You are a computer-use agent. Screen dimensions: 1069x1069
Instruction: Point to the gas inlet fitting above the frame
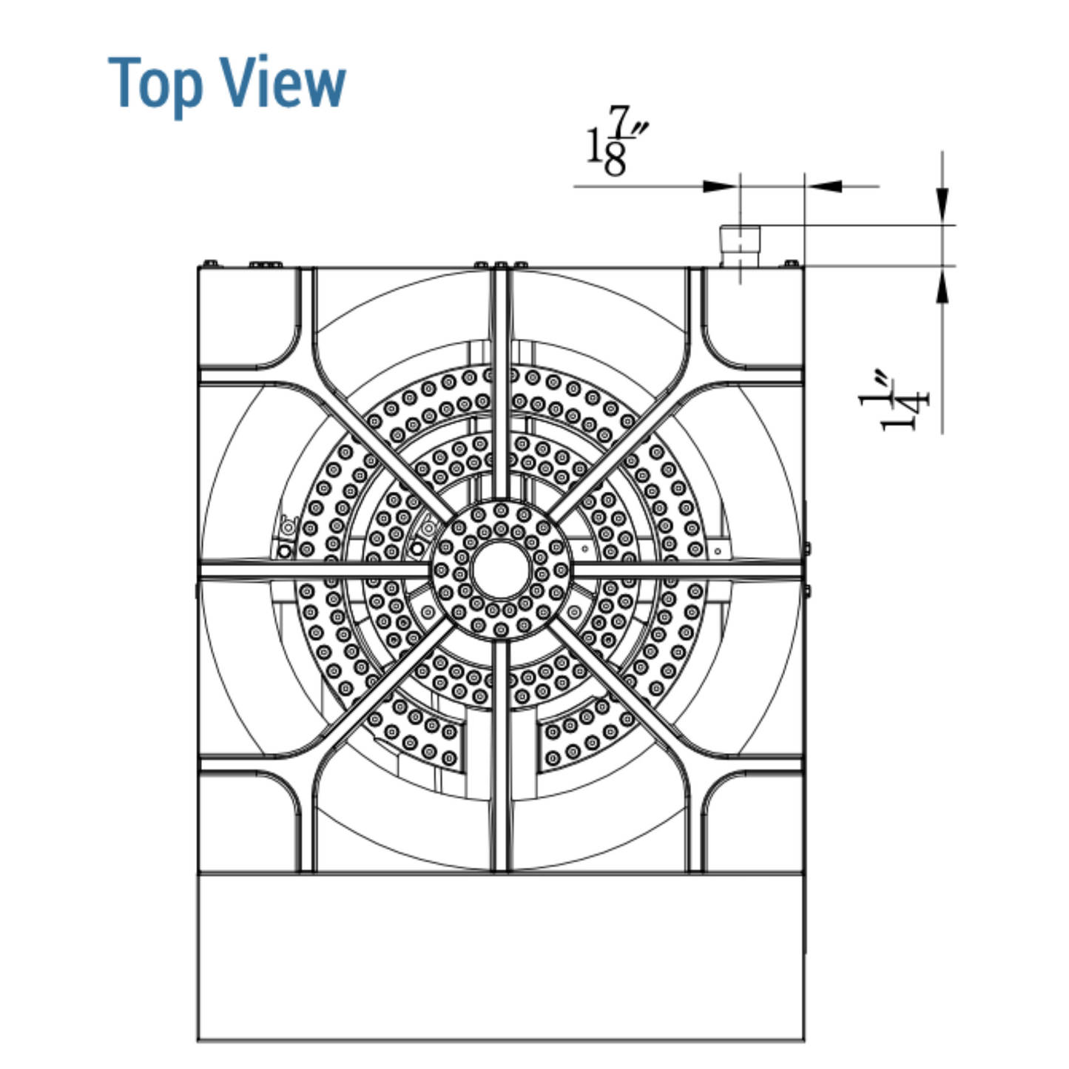740,246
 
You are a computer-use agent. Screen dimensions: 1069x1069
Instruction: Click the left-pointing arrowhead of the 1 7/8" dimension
823,186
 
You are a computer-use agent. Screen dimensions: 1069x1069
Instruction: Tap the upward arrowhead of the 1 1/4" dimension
942,285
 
